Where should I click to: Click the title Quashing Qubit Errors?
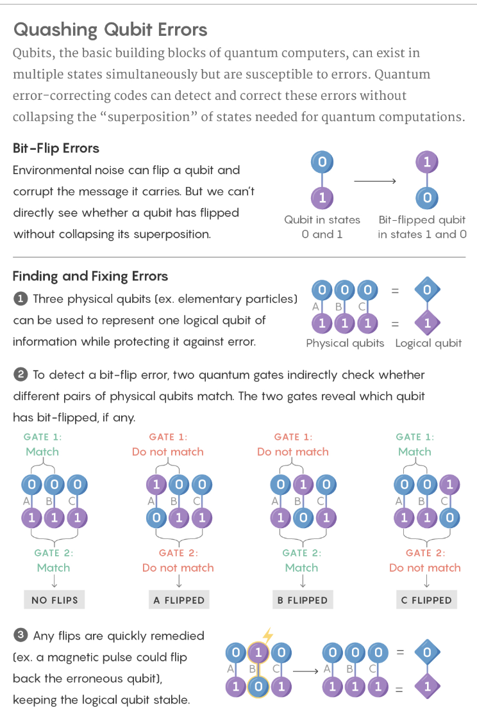110,29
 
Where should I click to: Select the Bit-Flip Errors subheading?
56,148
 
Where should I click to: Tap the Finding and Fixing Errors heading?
90,276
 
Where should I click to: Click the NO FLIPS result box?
54,600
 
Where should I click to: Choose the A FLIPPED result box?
179,600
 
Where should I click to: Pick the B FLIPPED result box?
303,600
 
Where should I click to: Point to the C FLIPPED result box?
426,600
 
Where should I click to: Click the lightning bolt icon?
268,634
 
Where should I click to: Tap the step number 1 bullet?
20,299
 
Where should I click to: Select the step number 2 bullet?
20,375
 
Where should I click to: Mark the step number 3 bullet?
20,635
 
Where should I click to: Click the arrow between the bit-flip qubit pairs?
375,181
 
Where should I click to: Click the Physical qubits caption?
345,343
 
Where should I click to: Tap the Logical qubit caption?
428,343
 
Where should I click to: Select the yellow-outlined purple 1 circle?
258,652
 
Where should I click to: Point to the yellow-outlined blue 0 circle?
258,686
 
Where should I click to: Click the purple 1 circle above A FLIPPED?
156,484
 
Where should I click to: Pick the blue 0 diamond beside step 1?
427,289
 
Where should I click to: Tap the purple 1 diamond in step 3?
427,686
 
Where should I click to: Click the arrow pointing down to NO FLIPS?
54,581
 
